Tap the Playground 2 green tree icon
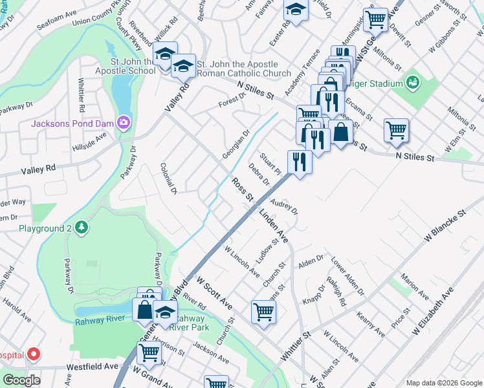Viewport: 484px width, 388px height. [x=81, y=228]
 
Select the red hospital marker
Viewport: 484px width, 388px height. [x=33, y=354]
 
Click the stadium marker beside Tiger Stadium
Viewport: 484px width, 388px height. [x=412, y=82]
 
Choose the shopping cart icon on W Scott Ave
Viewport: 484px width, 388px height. [x=263, y=312]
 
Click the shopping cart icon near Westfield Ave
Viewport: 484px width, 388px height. [x=149, y=352]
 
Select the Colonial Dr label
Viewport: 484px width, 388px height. [x=168, y=178]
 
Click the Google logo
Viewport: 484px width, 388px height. [x=21, y=380]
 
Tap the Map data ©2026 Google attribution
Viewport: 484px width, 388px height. [x=444, y=383]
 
